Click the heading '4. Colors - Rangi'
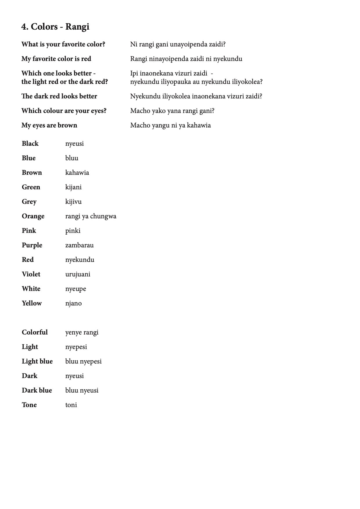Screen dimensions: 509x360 coord(55,27)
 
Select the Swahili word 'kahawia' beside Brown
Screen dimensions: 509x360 coord(77,172)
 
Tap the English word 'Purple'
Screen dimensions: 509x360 coord(32,245)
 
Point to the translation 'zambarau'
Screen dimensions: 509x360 coord(79,245)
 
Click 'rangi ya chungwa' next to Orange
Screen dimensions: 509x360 coord(91,216)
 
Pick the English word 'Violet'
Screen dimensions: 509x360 coord(31,274)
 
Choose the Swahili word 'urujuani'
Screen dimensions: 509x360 coord(78,274)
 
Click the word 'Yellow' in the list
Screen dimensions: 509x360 coord(32,303)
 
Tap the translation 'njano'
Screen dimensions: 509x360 coord(73,303)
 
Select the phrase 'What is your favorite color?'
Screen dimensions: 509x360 coord(63,44)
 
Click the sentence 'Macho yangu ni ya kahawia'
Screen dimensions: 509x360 coord(170,125)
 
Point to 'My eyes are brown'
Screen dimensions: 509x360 coord(49,125)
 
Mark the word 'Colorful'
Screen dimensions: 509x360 coord(35,332)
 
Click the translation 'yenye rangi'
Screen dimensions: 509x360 coord(82,332)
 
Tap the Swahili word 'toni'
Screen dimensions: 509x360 coord(71,405)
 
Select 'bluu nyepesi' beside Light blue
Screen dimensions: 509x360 coord(83,361)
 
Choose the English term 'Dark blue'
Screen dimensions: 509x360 coord(37,390)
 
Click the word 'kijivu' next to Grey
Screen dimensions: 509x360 coord(73,202)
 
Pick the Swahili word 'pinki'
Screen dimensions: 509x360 coord(73,231)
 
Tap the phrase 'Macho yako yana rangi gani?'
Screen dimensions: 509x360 coord(172,111)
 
